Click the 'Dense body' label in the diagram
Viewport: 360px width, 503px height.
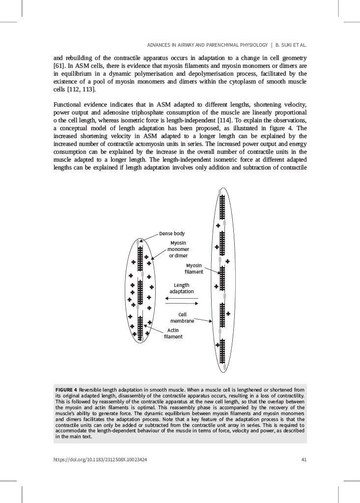[171, 233]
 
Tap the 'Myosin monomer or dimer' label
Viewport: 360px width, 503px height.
[178, 249]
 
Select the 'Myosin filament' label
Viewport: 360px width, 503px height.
[194, 268]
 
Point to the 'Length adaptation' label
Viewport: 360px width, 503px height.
[181, 288]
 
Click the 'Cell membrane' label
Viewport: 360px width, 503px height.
[182, 317]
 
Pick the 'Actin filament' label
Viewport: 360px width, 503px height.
[173, 333]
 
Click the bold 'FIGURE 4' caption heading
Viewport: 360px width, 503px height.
[66, 391]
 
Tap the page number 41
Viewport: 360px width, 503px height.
[304, 460]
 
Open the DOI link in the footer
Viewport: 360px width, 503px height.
[100, 460]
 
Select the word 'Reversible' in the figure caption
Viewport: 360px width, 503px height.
[92, 391]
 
